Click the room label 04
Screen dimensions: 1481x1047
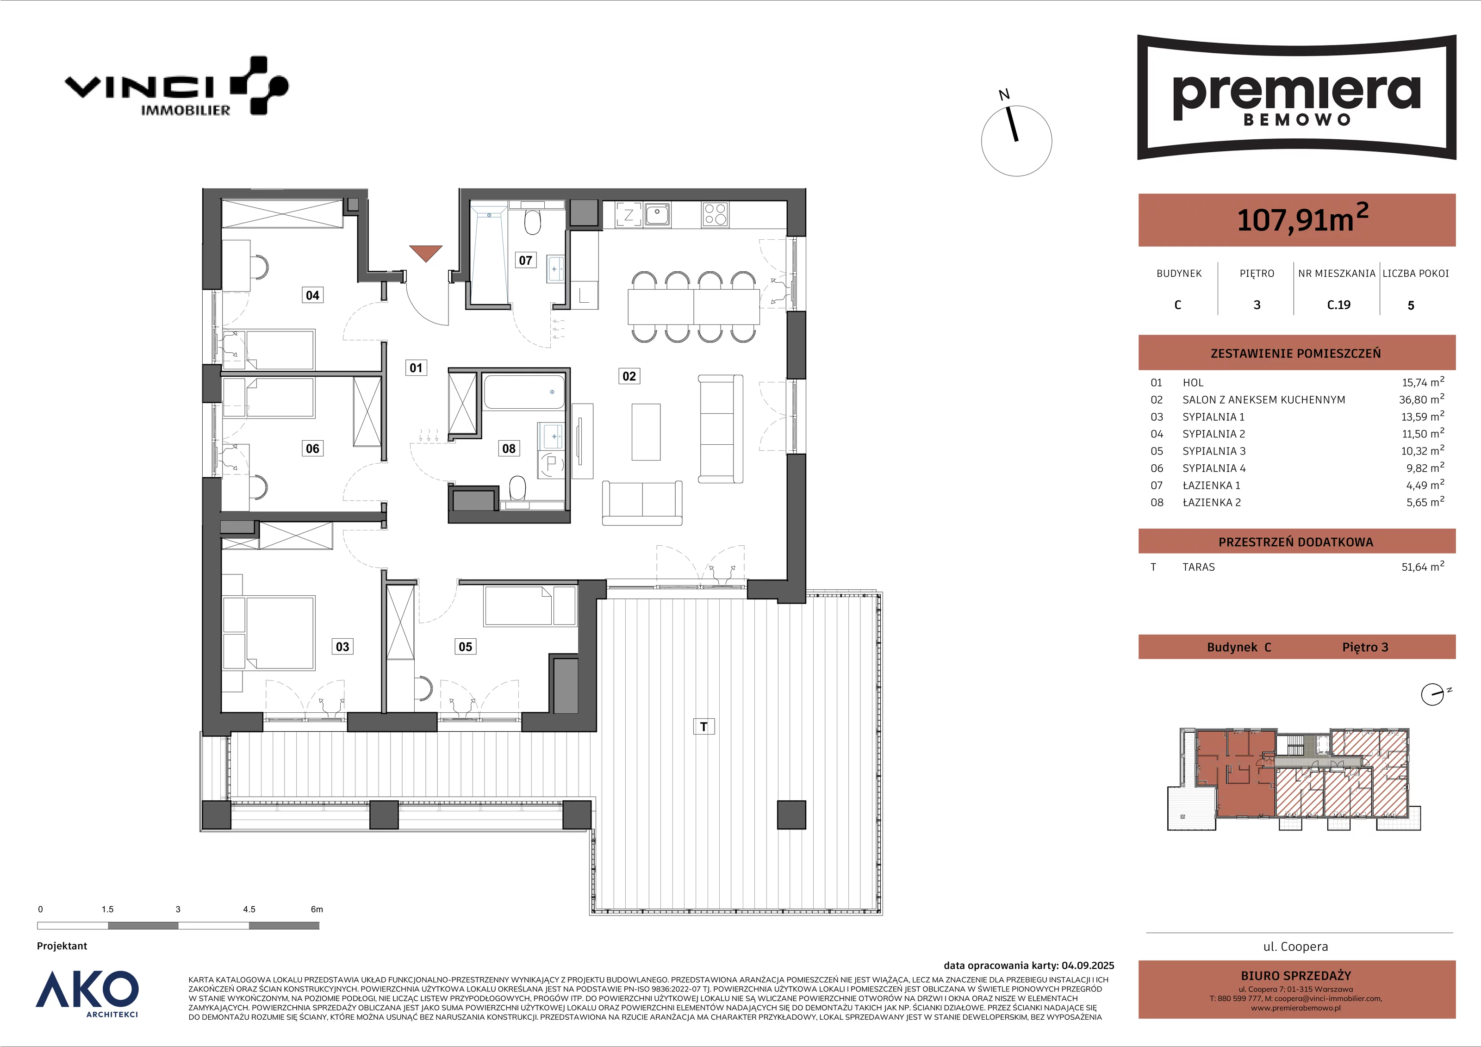[312, 295]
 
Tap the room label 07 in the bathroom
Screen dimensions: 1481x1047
[526, 260]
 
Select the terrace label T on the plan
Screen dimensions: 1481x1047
[704, 726]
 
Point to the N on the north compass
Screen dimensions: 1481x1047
[1004, 95]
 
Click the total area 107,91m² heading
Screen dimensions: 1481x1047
[1302, 218]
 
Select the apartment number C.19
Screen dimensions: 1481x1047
[1338, 305]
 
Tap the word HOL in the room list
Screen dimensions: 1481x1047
[1193, 382]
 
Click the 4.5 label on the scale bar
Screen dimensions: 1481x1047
[249, 909]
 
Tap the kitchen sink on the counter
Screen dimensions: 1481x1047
[657, 214]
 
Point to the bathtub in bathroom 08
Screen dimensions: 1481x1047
[524, 392]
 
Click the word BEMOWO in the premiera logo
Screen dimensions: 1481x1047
[1296, 120]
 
